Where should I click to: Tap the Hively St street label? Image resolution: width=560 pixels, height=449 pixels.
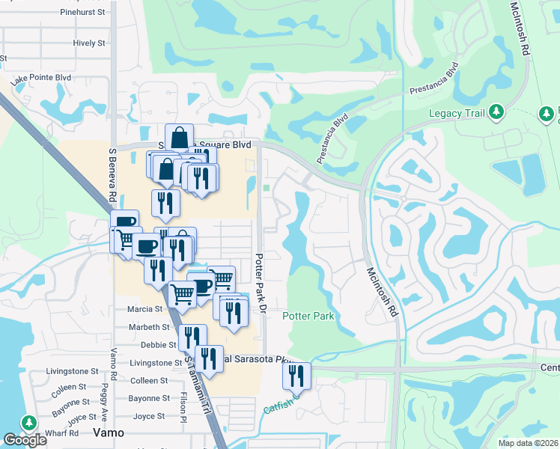89,43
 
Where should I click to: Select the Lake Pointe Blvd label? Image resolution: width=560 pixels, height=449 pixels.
40,78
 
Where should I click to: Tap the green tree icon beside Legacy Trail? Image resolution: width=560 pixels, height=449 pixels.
496,112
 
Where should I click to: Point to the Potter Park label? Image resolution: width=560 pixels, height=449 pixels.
308,317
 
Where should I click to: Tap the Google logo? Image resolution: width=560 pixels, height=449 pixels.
25,440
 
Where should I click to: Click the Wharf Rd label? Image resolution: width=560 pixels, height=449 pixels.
64,434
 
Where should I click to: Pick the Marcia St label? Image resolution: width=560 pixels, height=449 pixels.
145,309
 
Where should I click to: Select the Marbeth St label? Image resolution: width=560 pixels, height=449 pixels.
149,327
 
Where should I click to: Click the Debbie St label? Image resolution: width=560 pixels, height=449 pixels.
157,345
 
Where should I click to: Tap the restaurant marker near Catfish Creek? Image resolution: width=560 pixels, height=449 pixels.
297,376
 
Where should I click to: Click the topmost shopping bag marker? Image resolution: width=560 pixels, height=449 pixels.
180,138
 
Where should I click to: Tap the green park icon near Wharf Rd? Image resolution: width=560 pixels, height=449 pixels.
29,423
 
